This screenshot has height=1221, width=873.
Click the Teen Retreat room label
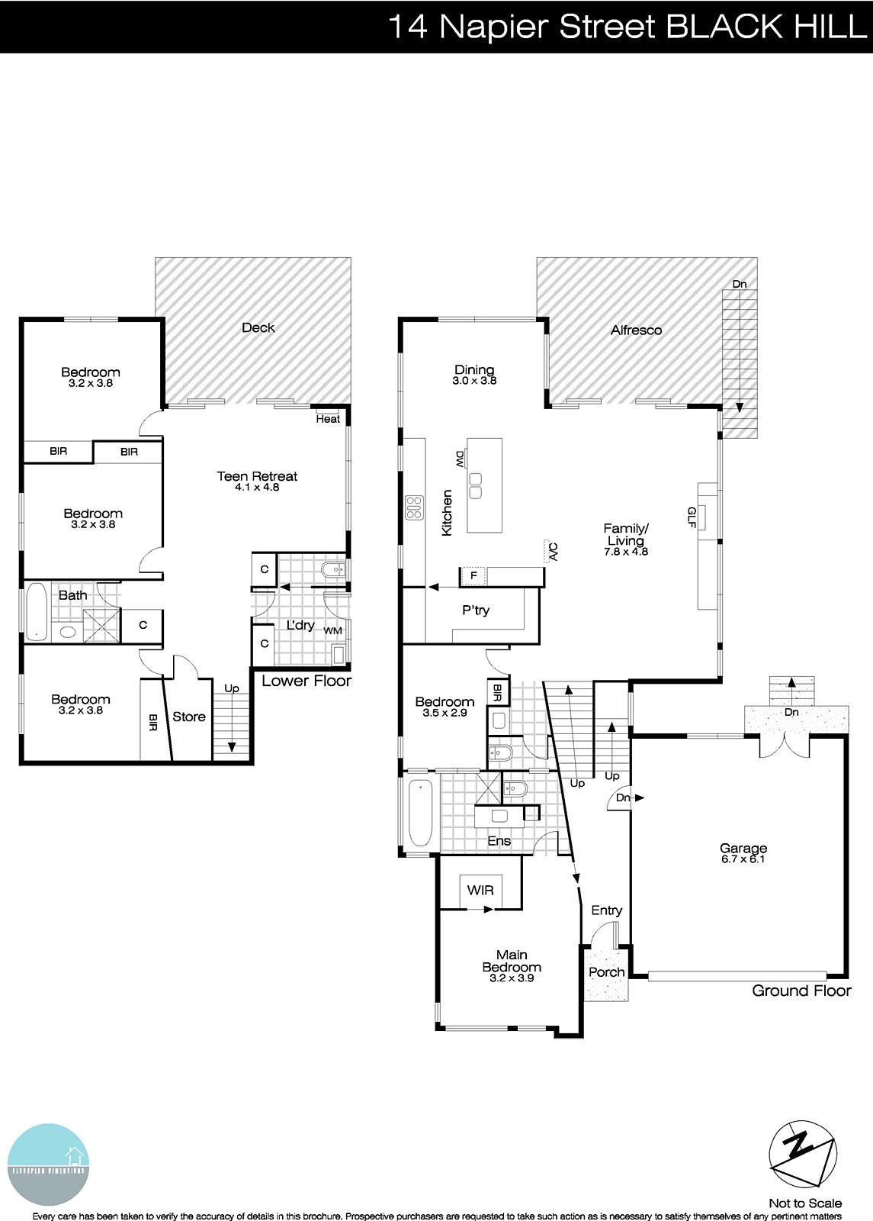coord(257,477)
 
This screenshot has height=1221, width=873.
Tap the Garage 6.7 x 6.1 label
coord(743,849)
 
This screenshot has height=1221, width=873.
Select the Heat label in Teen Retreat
coord(328,419)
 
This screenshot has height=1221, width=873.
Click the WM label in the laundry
coord(332,631)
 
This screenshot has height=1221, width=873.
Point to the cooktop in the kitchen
coord(414,508)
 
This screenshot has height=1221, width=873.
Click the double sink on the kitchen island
coord(475,485)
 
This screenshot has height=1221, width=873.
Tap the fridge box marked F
coord(473,575)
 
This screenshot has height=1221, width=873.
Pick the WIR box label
coord(480,890)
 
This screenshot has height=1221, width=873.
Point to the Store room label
coord(189,717)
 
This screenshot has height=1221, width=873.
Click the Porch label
coord(607,972)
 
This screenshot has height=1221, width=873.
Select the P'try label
coord(476,610)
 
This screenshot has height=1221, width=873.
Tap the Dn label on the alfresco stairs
coord(740,284)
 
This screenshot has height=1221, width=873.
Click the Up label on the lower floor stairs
coord(232,688)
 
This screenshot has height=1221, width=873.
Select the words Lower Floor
coord(307,681)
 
